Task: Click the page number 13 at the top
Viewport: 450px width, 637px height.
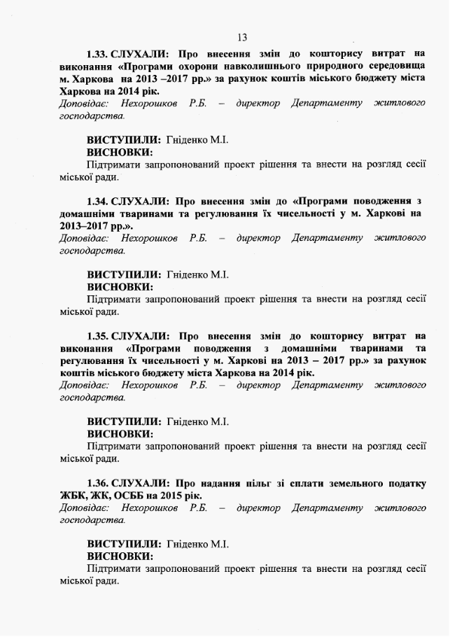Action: point(242,37)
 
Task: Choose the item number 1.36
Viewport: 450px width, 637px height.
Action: point(97,483)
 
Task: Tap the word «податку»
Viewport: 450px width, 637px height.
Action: point(405,483)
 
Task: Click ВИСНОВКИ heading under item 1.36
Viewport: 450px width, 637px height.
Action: point(120,556)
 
